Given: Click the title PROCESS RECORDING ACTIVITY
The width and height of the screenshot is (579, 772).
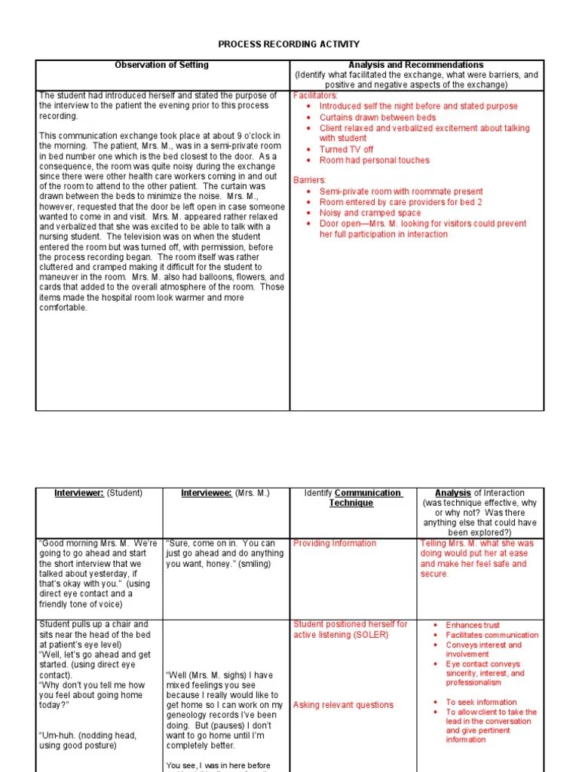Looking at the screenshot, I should point(289,44).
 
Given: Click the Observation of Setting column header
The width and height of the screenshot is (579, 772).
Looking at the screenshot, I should point(161,66).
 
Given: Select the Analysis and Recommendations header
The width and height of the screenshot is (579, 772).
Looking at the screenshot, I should point(416,66).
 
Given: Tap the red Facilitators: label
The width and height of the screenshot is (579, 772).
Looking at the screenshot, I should point(315,96).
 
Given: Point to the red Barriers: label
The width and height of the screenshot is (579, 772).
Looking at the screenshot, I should point(309,180).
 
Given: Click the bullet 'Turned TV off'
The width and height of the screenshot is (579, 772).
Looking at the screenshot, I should point(346,149).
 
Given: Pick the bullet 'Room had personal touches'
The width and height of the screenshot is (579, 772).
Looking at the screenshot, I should point(374,160).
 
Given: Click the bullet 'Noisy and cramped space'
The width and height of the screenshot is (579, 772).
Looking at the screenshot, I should point(370,213).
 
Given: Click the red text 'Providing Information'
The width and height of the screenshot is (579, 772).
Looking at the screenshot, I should point(334,543).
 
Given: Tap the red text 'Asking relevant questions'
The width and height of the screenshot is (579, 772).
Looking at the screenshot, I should point(343,705).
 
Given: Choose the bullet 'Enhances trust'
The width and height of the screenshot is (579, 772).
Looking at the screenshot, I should point(472,625).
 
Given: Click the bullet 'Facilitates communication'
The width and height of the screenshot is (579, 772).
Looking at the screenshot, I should point(492,635).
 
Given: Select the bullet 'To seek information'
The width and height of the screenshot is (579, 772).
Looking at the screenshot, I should point(481,702).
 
